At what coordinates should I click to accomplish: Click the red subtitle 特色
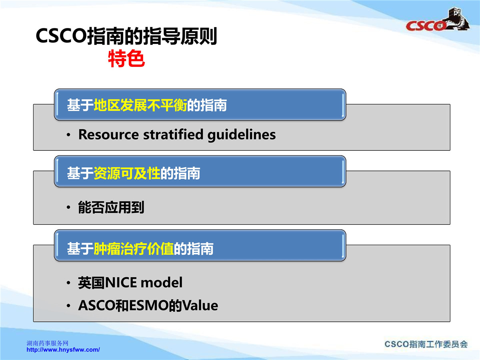pyautogui.click(x=126, y=58)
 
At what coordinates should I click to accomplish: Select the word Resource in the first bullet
pyautogui.click(x=108, y=134)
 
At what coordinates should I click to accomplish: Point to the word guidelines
pyautogui.click(x=242, y=135)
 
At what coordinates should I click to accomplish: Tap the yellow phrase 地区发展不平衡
pyautogui.click(x=140, y=105)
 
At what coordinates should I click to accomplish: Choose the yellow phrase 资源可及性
pyautogui.click(x=127, y=173)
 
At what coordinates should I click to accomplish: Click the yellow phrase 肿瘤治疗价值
pyautogui.click(x=134, y=248)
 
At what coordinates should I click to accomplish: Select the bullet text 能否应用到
pyautogui.click(x=111, y=207)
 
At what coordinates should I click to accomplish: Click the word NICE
pyautogui.click(x=121, y=283)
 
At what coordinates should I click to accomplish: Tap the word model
pyautogui.click(x=161, y=282)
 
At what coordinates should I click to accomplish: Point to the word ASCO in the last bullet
pyautogui.click(x=97, y=305)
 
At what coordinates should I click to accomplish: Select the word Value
pyautogui.click(x=200, y=305)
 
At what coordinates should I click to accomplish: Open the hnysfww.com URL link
pyautogui.click(x=63, y=350)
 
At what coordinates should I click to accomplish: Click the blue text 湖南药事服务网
pyautogui.click(x=48, y=343)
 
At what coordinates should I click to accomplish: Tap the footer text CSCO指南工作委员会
pyautogui.click(x=426, y=344)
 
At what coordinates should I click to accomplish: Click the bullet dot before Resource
pyautogui.click(x=68, y=135)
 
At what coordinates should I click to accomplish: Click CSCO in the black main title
pyautogui.click(x=62, y=36)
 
